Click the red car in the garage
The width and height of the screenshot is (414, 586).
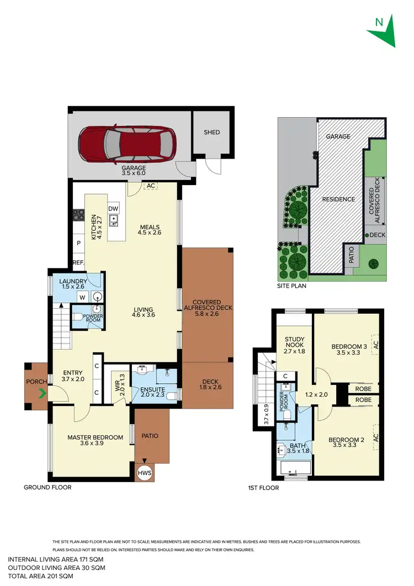(x=127, y=142)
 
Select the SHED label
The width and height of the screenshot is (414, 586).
(x=211, y=133)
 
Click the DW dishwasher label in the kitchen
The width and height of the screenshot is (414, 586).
(x=113, y=208)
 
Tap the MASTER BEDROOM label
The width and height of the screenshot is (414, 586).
(x=95, y=437)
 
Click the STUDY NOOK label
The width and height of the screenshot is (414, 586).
(x=295, y=344)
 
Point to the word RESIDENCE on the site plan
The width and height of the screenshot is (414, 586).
(x=339, y=199)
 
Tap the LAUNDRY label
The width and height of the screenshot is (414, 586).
(x=72, y=282)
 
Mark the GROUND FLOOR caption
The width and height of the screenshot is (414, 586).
(x=47, y=488)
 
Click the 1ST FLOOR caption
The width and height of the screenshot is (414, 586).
(x=263, y=488)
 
